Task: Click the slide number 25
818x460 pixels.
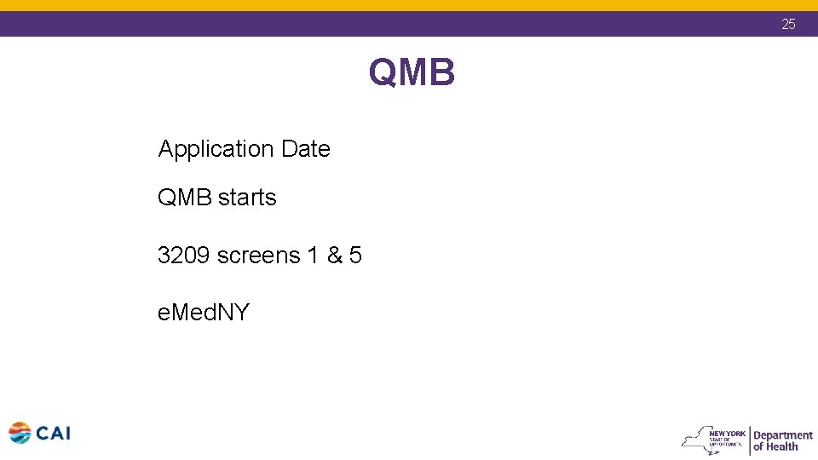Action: click(788, 24)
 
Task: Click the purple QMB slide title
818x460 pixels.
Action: click(412, 73)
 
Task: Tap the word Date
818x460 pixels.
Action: click(305, 149)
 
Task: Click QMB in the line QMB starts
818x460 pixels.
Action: click(185, 198)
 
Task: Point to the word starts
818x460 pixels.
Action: click(247, 198)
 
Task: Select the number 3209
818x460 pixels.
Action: click(184, 255)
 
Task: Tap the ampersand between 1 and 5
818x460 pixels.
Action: click(334, 255)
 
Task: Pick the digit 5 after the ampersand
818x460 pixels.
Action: click(355, 255)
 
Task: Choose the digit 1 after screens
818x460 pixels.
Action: click(313, 255)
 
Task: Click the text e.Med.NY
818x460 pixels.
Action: click(204, 313)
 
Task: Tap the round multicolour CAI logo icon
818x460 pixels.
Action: click(20, 433)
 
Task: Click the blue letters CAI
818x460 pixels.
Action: click(53, 433)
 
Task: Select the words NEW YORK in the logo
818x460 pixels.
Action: click(733, 433)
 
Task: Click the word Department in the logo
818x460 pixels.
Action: click(782, 434)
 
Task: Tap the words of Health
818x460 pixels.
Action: click(775, 446)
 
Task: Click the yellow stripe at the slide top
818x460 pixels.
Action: click(409, 5)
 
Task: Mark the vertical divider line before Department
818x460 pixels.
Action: click(749, 440)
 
